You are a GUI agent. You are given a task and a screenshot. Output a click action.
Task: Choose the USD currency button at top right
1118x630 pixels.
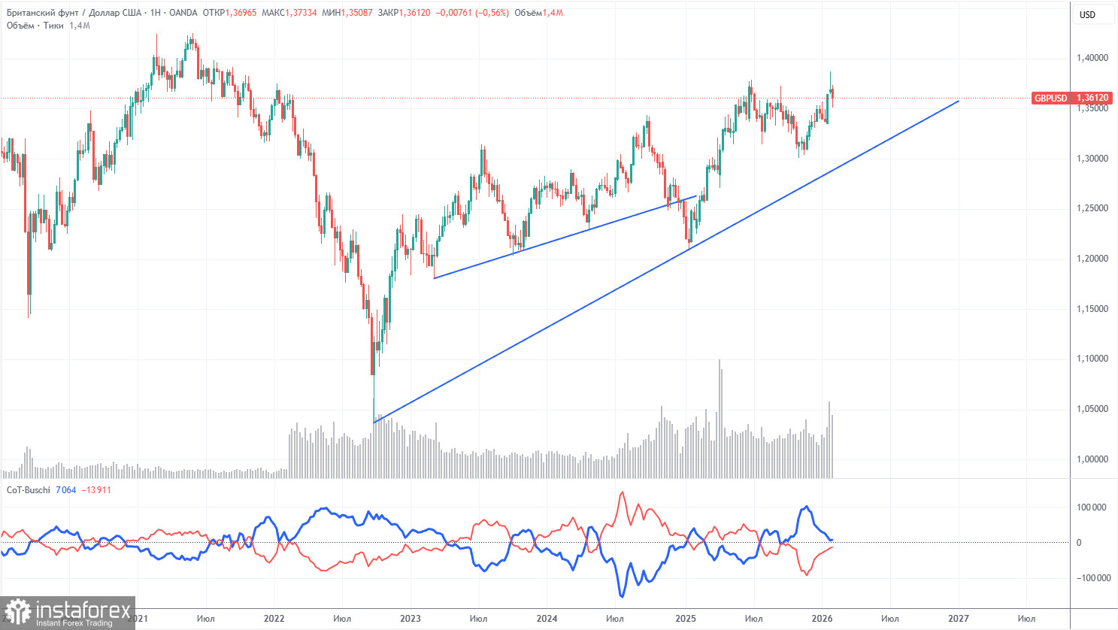(1087, 14)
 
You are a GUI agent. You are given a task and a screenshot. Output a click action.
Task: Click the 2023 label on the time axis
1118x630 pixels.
(411, 619)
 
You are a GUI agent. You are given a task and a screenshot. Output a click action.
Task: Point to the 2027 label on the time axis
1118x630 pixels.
(958, 619)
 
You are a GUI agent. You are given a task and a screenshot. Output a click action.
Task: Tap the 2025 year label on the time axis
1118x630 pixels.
(685, 619)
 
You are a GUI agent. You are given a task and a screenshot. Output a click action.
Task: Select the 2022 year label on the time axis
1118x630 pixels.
(274, 619)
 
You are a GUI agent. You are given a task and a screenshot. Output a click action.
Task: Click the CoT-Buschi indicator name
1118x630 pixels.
(29, 490)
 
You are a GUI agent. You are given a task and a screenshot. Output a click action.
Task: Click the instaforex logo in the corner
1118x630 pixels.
(68, 612)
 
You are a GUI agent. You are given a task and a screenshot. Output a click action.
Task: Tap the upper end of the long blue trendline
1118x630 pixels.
(958, 101)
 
